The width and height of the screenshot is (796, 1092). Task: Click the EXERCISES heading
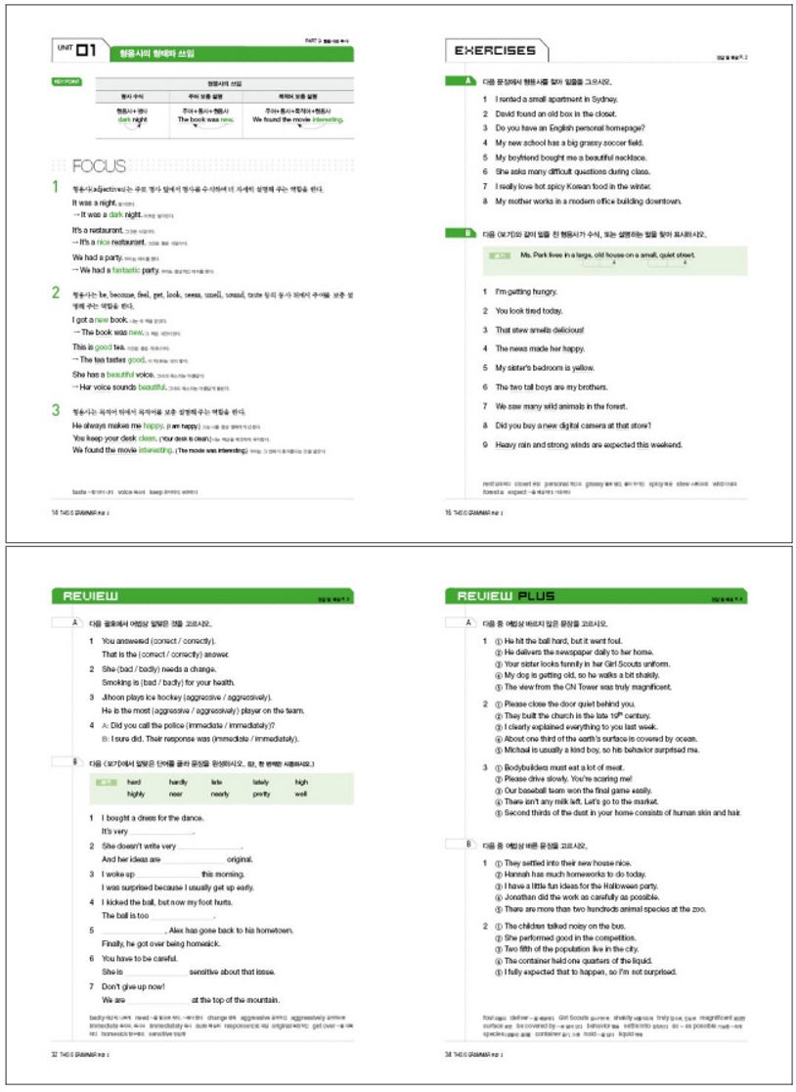coord(490,51)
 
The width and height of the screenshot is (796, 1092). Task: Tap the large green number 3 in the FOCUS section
coord(56,411)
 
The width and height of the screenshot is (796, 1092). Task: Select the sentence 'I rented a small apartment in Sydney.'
coord(554,100)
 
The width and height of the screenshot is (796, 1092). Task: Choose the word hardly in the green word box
coord(178,782)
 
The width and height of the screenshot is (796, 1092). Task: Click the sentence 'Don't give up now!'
coord(138,988)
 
